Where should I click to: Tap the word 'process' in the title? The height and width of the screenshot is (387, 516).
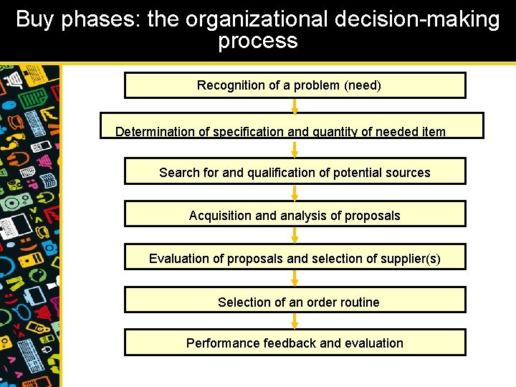click(x=258, y=41)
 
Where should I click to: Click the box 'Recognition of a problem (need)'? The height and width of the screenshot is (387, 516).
click(x=295, y=85)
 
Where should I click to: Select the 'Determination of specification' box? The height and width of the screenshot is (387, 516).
click(x=292, y=125)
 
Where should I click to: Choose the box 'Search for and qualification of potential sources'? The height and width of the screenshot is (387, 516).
click(x=295, y=171)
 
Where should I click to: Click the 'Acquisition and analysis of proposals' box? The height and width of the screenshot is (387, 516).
click(x=295, y=214)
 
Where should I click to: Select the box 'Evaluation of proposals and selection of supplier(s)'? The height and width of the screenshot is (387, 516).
click(x=295, y=257)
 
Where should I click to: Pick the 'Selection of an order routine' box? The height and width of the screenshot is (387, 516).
click(x=295, y=300)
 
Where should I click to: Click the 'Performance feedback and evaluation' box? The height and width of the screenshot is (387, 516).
click(x=295, y=342)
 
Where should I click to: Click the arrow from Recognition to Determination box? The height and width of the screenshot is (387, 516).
click(x=295, y=105)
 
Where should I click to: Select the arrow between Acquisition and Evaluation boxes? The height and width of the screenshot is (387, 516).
click(x=295, y=235)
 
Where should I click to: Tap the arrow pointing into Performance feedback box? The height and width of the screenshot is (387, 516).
click(x=295, y=320)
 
